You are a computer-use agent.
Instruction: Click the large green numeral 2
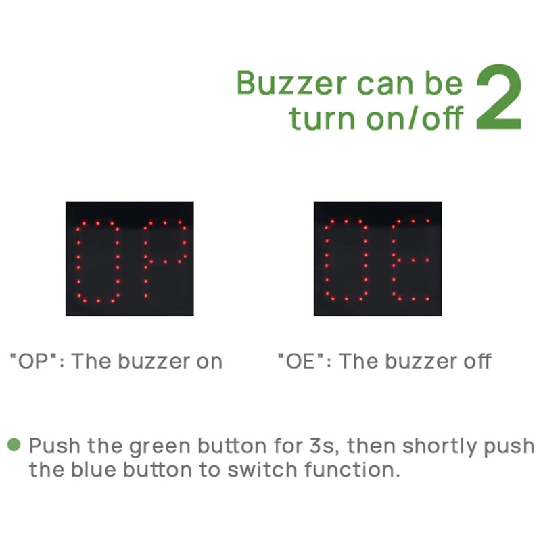click(499, 98)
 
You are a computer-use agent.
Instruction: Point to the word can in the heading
click(387, 83)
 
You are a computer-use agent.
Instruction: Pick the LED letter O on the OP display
click(98, 260)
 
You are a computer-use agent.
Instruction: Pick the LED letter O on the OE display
click(346, 260)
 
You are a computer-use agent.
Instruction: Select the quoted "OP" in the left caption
click(32, 361)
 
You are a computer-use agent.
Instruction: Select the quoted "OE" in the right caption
click(300, 361)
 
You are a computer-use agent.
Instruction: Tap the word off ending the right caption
click(475, 361)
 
